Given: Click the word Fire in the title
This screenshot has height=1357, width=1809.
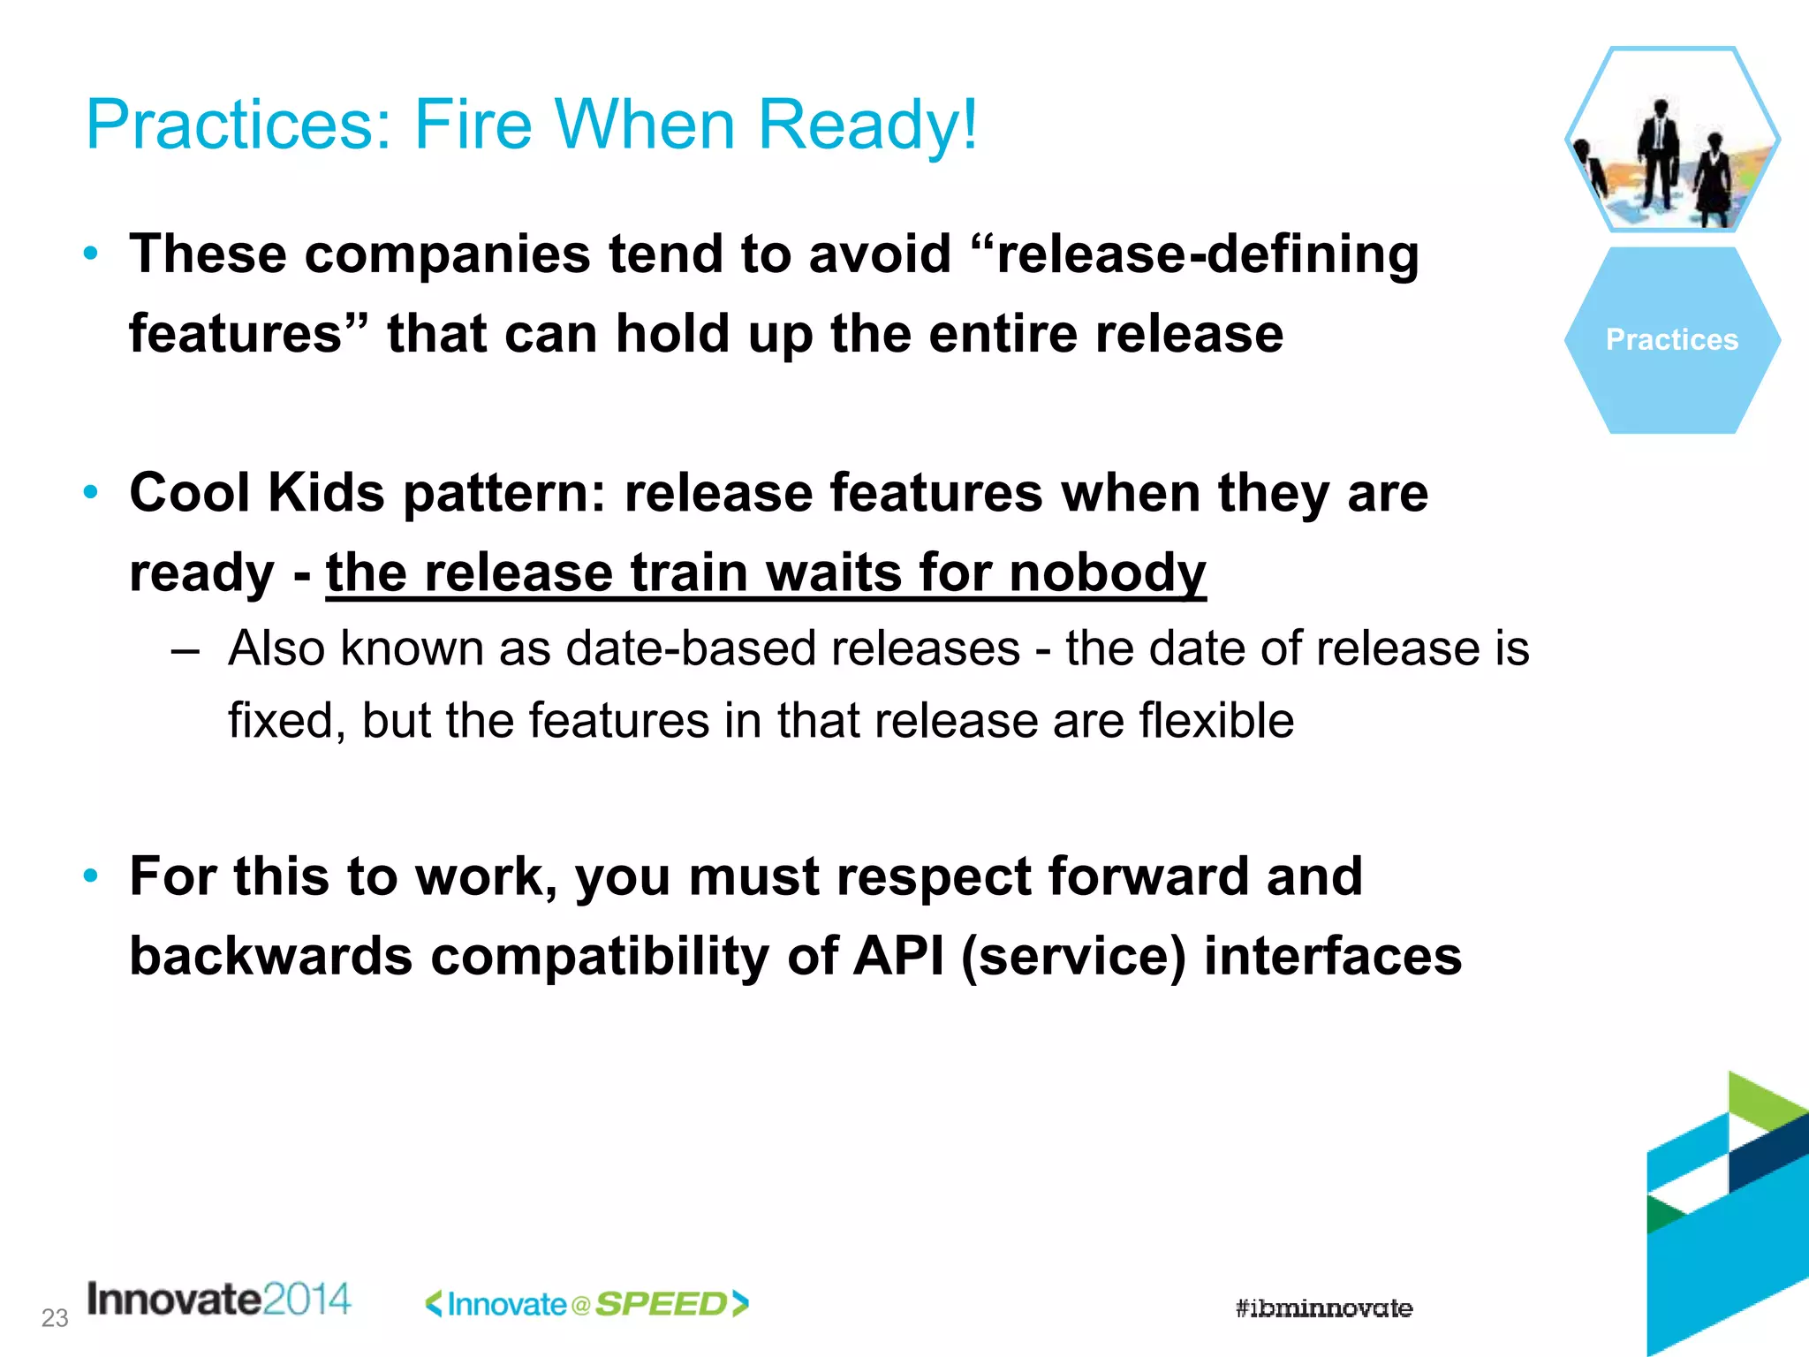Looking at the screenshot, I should [x=473, y=125].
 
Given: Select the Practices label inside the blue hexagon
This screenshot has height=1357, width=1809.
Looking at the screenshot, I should [x=1671, y=340].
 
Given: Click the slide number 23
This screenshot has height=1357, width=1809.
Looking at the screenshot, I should [x=55, y=1318].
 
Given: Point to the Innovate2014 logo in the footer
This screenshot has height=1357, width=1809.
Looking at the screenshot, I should [x=219, y=1300].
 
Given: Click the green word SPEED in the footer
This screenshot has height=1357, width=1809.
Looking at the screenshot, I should [x=661, y=1304].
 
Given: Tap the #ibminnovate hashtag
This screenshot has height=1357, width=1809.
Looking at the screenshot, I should [x=1323, y=1308].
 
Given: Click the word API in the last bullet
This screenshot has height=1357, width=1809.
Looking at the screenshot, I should [x=898, y=956].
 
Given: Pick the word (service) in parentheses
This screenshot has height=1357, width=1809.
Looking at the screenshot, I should [x=1072, y=956].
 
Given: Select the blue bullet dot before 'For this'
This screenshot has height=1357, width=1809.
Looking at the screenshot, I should [x=90, y=876].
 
